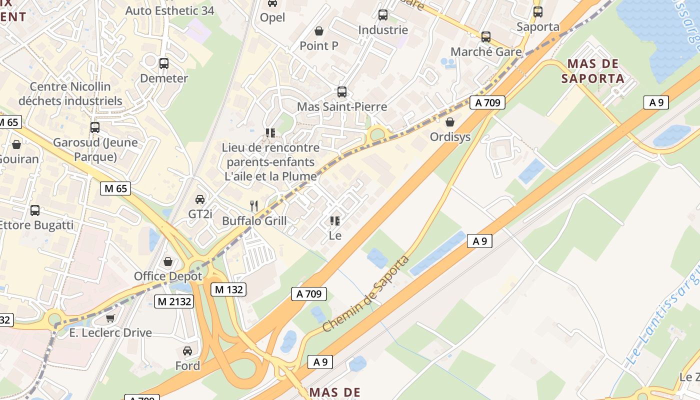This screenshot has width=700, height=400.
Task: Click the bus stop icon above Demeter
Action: pos(163,63)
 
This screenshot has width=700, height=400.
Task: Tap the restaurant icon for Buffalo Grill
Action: pos(254,205)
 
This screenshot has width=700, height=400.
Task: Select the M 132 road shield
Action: pos(228,289)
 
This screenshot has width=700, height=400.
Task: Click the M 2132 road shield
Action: pos(173,301)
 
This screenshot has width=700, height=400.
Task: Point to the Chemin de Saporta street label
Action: pos(366,293)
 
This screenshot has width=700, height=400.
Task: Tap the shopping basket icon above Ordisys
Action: pos(450,122)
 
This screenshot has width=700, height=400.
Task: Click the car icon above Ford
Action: pos(187,351)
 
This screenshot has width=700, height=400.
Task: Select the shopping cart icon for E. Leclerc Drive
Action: pos(110,318)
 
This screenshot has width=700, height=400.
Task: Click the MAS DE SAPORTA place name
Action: pos(592,71)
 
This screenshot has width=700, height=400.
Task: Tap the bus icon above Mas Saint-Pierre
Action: pos(342,92)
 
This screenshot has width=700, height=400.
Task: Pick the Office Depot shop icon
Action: pos(168,261)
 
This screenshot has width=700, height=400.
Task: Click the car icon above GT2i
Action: pos(200,199)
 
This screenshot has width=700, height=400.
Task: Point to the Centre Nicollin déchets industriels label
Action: pos(70,93)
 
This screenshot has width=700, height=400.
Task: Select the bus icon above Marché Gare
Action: pos(485,37)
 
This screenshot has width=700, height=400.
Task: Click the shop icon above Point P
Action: pos(319,31)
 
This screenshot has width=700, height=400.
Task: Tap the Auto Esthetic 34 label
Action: pos(169,10)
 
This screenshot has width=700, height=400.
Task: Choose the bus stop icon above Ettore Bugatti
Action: pos(35,210)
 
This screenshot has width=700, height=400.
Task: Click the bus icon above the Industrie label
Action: pos(383,15)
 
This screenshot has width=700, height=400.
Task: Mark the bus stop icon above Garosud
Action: pos(95,127)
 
